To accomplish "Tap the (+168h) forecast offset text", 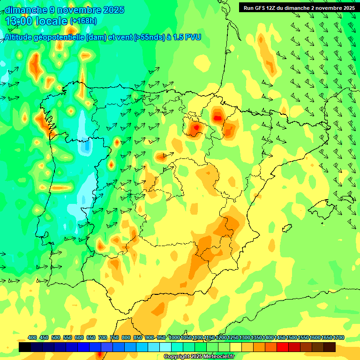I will click(x=83, y=21).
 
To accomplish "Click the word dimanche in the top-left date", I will click(x=25, y=10).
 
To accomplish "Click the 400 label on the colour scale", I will click(x=32, y=338).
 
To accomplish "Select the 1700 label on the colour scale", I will click(x=338, y=338).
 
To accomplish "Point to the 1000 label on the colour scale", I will click(x=174, y=338).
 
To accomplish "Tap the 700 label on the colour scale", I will click(x=103, y=338).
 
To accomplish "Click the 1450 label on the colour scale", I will click(x=280, y=338).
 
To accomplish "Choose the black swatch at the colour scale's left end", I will click(x=25, y=347).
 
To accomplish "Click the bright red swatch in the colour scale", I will click(x=283, y=347).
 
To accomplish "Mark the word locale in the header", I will click(x=52, y=21).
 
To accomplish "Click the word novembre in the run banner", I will click(x=330, y=7).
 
